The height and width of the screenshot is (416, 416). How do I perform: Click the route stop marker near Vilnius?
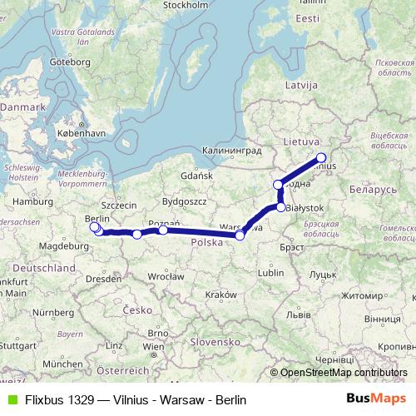coord(321,157)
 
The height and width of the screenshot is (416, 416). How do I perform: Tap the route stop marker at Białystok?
coord(281,207)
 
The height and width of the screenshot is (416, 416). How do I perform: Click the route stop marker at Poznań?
coord(163,230)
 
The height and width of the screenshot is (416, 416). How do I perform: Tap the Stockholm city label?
coord(185,5)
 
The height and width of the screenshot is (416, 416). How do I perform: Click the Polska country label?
coord(206,242)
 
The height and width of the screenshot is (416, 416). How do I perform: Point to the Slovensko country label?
coord(214,342)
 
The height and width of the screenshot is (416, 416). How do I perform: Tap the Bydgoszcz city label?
coord(185,202)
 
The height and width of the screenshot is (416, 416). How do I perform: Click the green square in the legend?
coord(10,400)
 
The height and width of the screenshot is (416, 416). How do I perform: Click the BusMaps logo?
coord(374,400)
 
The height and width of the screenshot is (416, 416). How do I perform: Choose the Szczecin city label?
coord(117,204)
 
